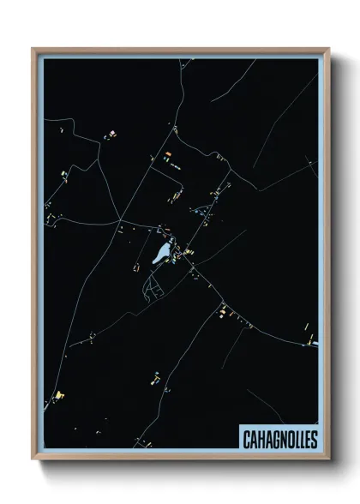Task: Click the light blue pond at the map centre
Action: pyautogui.click(x=160, y=253)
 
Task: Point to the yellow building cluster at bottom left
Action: pyautogui.click(x=59, y=394)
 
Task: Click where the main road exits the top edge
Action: pyautogui.click(x=182, y=59)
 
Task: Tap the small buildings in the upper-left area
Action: pyautogui.click(x=109, y=135)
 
